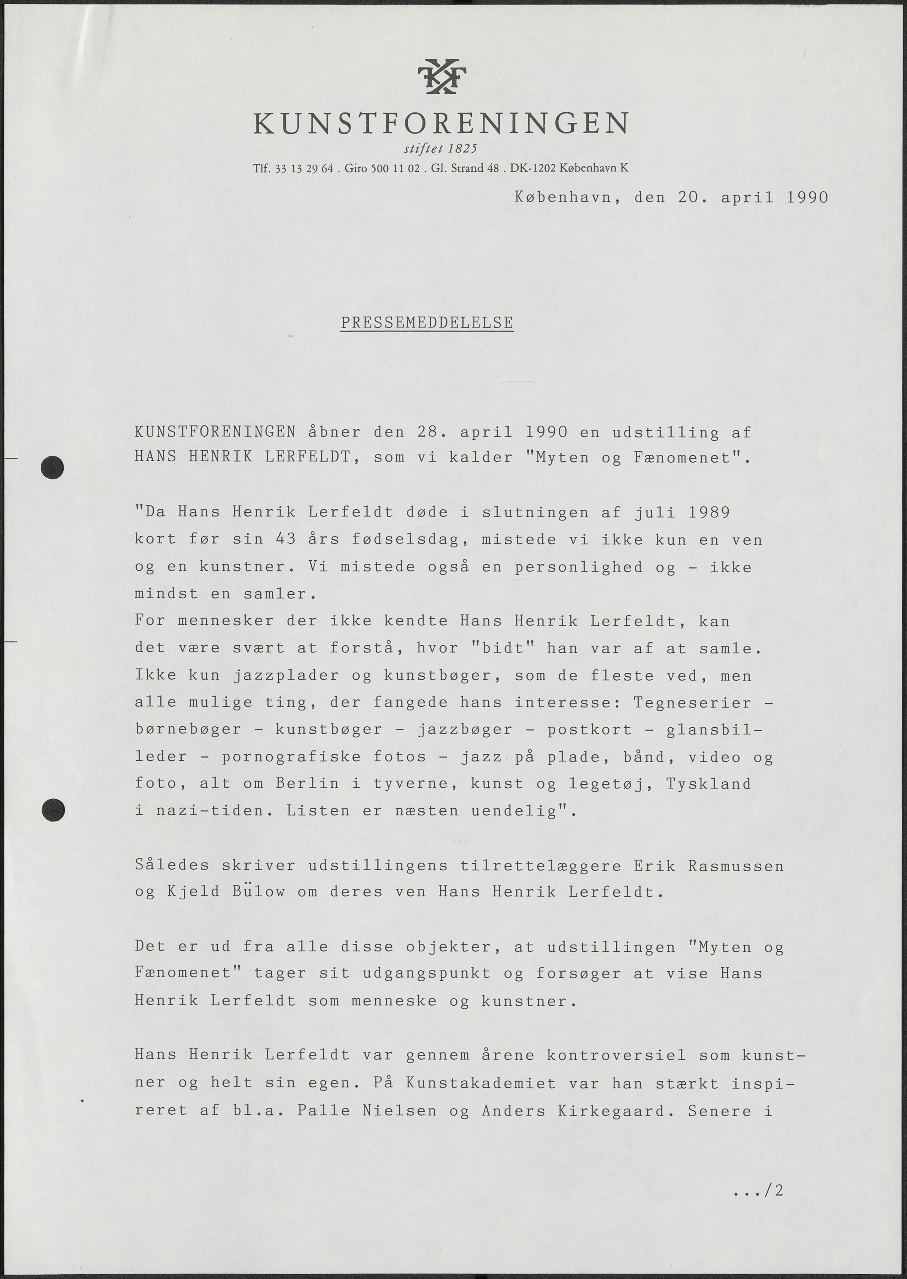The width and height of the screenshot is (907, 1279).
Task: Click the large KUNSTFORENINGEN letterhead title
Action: [441, 123]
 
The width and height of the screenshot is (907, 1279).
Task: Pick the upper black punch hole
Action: [53, 467]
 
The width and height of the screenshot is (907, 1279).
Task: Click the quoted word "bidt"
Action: [503, 648]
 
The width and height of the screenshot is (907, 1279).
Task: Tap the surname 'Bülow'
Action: [258, 892]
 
